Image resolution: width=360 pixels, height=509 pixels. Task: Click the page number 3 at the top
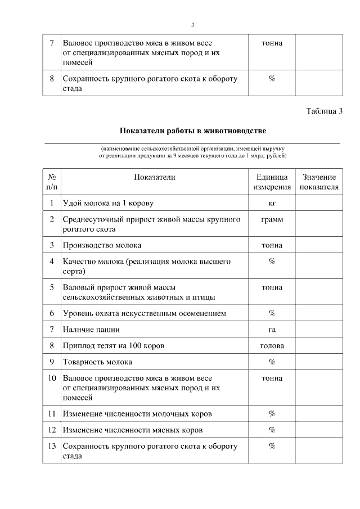click(x=192, y=25)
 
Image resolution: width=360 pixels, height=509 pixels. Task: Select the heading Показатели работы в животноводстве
click(x=192, y=131)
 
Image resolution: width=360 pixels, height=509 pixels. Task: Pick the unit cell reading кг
click(x=272, y=202)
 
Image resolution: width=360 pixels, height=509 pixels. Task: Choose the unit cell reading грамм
click(x=272, y=219)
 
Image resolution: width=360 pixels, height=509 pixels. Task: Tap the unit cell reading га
click(x=272, y=329)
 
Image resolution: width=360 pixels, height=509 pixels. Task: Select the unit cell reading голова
click(x=272, y=345)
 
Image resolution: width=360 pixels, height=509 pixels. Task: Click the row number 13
click(x=51, y=446)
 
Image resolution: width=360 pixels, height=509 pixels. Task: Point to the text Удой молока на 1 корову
click(x=108, y=202)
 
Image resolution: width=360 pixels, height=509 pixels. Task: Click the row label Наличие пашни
click(x=91, y=329)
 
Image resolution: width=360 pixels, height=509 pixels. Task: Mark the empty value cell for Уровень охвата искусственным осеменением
click(x=319, y=313)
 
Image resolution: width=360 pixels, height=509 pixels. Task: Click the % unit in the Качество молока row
click(x=272, y=262)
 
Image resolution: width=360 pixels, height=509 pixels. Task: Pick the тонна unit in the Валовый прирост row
click(x=272, y=287)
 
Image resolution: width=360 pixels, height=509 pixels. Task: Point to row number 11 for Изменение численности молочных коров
click(x=51, y=414)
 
